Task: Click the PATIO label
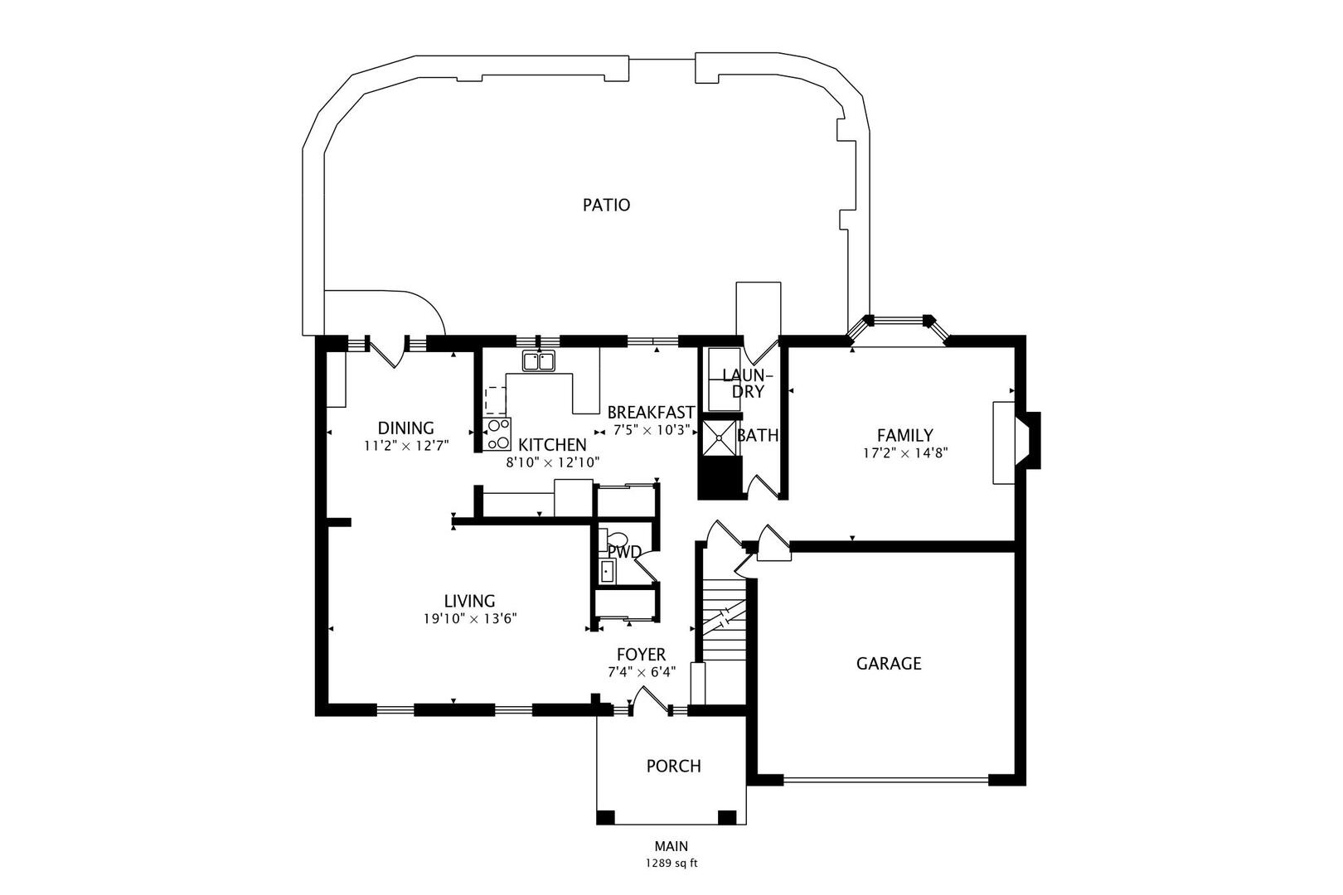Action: [x=606, y=205]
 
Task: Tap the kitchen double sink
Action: [x=538, y=360]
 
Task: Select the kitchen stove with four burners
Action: [x=497, y=434]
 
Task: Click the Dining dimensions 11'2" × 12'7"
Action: [x=406, y=446]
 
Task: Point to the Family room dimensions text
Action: [x=904, y=452]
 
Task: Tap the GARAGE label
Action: [x=889, y=664]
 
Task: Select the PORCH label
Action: [x=673, y=766]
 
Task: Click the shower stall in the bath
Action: [x=720, y=438]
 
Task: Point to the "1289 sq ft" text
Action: [x=671, y=864]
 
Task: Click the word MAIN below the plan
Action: [x=671, y=846]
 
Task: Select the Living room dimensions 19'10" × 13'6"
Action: [x=470, y=619]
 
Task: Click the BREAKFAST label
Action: [x=651, y=413]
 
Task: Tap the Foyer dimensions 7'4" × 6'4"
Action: [x=642, y=672]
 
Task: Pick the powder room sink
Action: [x=608, y=573]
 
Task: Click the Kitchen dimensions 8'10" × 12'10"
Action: [x=553, y=462]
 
